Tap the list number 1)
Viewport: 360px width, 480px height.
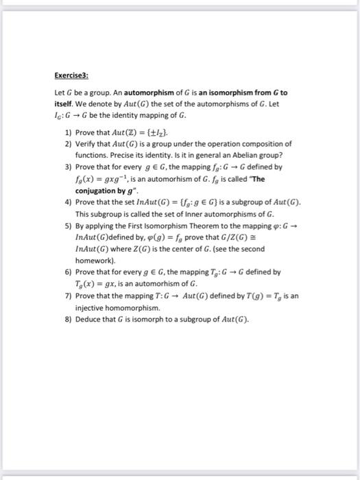tap(68, 133)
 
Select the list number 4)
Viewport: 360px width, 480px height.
tap(68, 204)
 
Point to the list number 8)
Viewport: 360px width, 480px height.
tap(68, 320)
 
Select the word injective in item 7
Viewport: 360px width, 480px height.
tap(91, 308)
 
